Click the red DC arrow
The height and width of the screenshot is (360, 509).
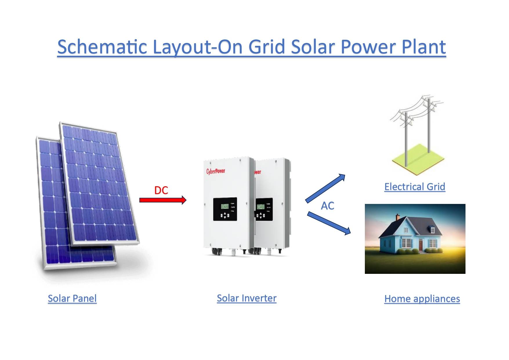[x=162, y=200]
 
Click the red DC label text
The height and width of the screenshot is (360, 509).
[x=161, y=190]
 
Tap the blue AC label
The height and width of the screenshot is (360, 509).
[x=327, y=206]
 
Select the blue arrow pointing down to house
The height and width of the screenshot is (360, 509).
[x=329, y=223]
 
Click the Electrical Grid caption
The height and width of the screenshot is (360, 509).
[x=414, y=187]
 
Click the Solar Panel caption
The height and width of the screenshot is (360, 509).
[x=72, y=298]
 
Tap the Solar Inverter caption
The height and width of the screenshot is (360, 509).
[x=247, y=298]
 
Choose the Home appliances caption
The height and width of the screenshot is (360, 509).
[x=422, y=299]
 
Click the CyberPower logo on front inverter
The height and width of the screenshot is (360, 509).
[x=215, y=171]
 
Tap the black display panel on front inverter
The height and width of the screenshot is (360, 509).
[x=225, y=209]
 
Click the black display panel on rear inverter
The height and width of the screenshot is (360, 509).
[x=264, y=209]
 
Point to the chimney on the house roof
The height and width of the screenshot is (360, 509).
[x=398, y=217]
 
